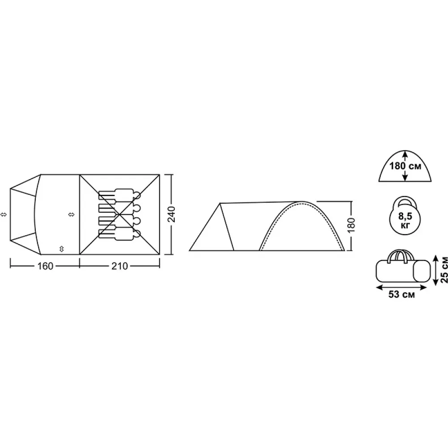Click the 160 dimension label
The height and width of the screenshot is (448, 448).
(x=45, y=266)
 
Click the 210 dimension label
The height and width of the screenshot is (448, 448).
(x=120, y=266)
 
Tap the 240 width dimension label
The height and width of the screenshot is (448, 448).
(x=172, y=214)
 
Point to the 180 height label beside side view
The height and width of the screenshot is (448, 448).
(x=352, y=225)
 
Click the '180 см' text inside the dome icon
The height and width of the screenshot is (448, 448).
(x=405, y=166)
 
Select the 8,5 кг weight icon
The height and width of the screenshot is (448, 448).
(x=405, y=216)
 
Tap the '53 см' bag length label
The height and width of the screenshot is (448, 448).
(x=401, y=295)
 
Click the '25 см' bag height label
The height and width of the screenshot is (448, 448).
(x=444, y=270)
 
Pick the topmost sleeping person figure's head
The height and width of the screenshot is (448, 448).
(x=137, y=195)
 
